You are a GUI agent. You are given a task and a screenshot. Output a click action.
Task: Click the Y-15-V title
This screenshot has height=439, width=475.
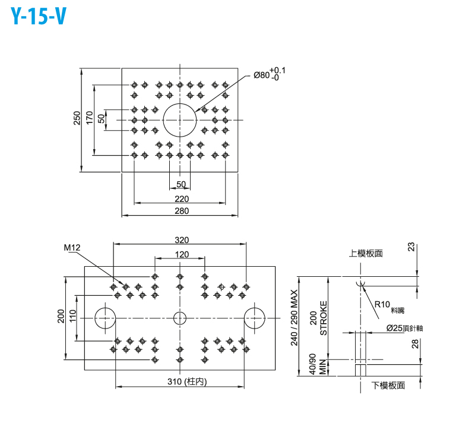coord(39,18)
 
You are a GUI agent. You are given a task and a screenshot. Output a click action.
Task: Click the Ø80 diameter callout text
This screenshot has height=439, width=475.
coord(269,74)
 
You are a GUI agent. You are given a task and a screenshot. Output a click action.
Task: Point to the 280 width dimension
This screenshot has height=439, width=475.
coord(180,211)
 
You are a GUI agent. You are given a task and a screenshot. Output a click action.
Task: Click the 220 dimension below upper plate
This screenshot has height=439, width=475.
coord(180,199)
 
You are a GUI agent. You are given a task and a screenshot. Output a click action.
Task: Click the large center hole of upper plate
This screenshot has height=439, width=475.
coord(180,119)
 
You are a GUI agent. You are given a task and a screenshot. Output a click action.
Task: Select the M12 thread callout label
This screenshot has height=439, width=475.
coord(71,247)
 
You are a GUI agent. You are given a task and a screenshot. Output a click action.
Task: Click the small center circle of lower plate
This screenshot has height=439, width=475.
coord(180,318)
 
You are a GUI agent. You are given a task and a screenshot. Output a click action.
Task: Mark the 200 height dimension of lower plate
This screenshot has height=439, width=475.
coord(60,317)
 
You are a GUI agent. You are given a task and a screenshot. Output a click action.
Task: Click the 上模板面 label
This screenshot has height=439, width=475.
coord(365,253)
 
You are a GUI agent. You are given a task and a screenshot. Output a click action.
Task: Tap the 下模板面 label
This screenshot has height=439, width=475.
coord(388,386)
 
